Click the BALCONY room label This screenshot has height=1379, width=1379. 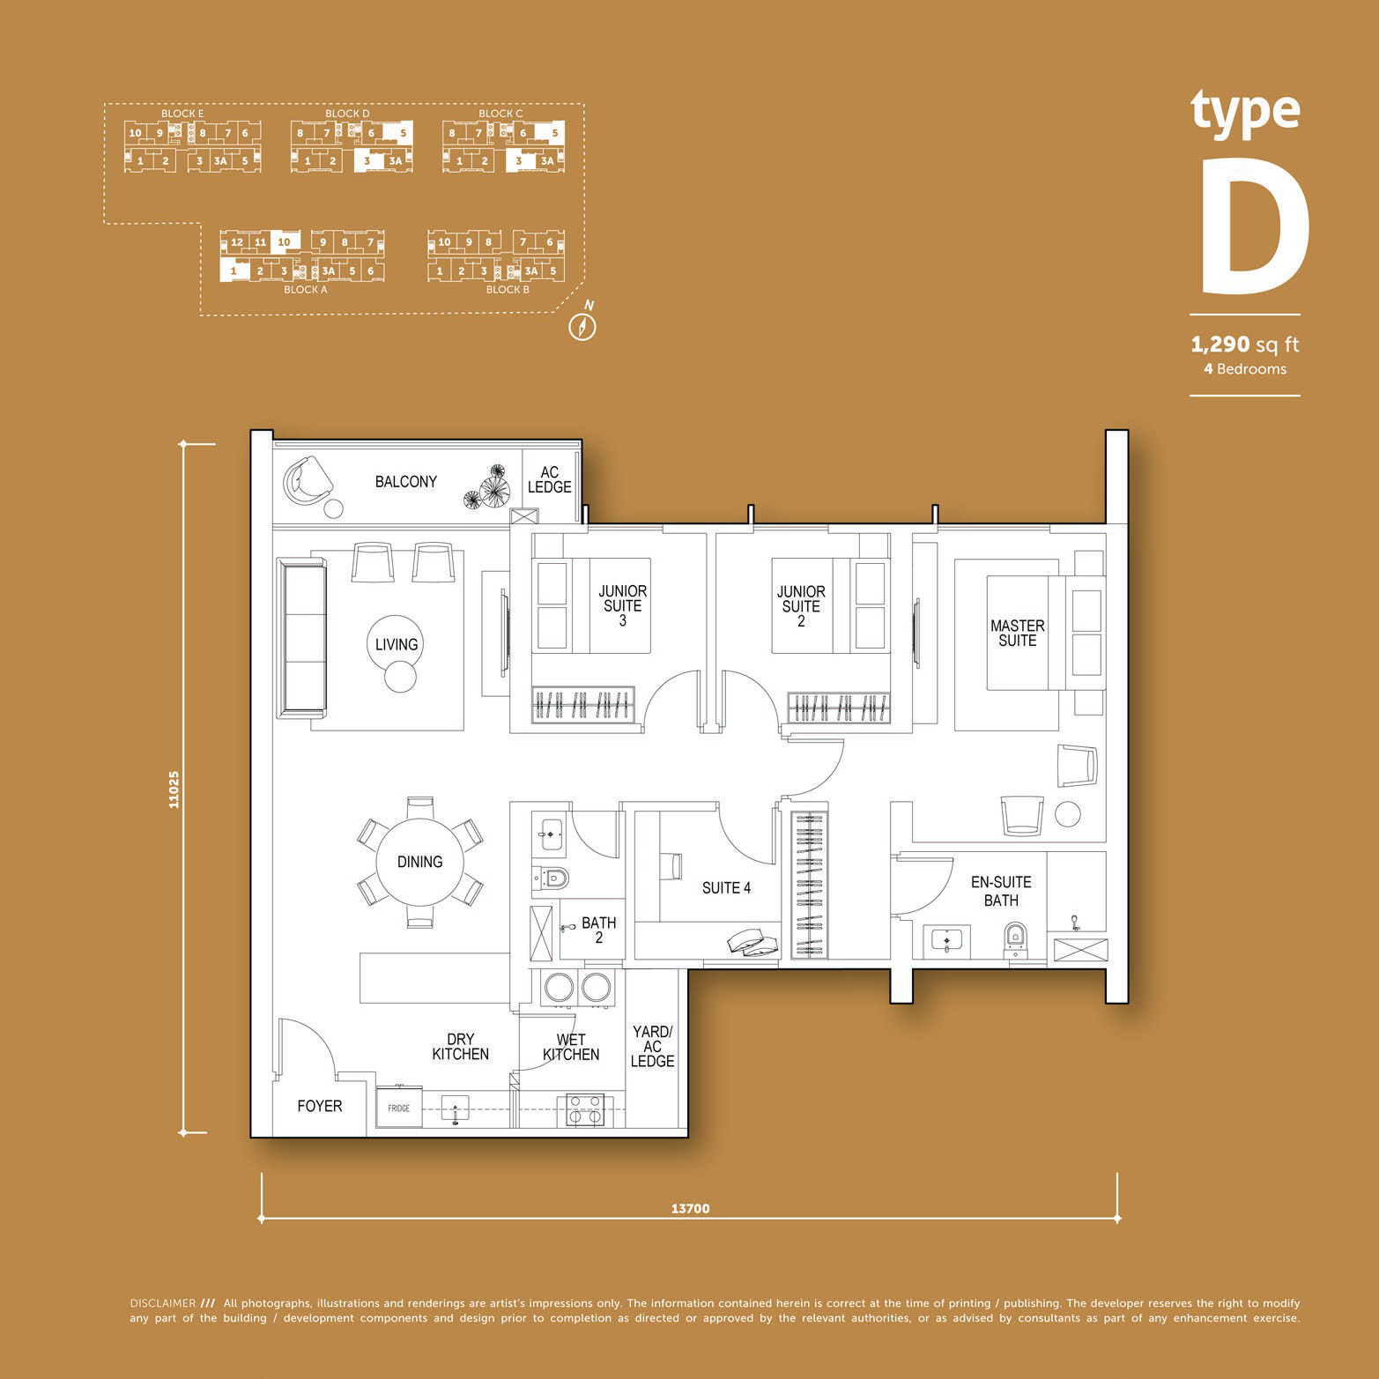click(405, 482)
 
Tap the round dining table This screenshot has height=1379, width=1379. click(419, 862)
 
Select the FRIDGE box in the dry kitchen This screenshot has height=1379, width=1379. click(399, 1108)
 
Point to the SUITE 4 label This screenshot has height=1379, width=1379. click(726, 888)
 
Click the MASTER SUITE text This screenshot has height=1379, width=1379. click(1017, 634)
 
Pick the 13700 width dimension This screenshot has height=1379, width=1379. click(690, 1209)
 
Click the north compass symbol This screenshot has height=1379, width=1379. click(584, 323)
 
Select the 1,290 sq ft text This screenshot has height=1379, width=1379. click(1245, 344)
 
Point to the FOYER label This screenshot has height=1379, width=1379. click(319, 1106)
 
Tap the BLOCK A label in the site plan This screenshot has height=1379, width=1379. click(306, 289)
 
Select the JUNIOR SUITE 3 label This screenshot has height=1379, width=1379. click(622, 606)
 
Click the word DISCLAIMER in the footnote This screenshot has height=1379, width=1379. click(162, 1302)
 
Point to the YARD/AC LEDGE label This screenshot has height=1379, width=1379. click(653, 1047)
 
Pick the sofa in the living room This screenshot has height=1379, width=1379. click(301, 635)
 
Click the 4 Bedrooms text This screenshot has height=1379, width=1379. click(1245, 369)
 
